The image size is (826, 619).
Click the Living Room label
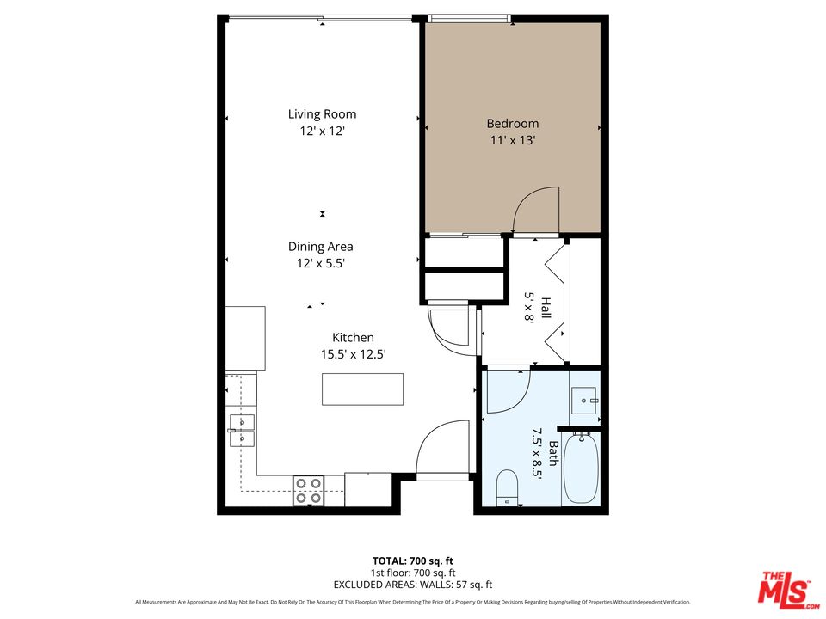322,113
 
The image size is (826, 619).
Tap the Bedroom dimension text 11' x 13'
512,140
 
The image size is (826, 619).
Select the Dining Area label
321,247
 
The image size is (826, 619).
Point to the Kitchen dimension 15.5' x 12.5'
353,353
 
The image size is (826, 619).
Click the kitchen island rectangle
362,389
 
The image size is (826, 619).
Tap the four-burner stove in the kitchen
309,490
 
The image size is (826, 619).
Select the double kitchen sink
242,430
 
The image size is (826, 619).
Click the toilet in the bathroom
507,487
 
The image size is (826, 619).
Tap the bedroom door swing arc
535,210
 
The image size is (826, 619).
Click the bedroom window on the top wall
470,18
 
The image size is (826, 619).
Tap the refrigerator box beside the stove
367,490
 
